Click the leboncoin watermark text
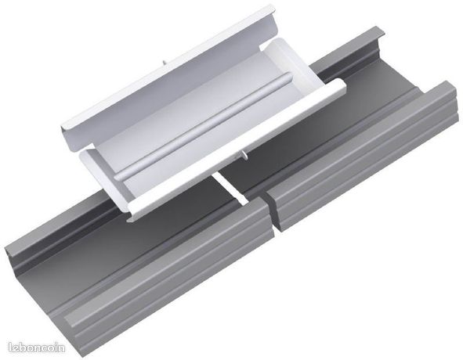[x=37, y=347]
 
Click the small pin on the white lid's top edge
[x=163, y=63]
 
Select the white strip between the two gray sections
[x=230, y=189]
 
